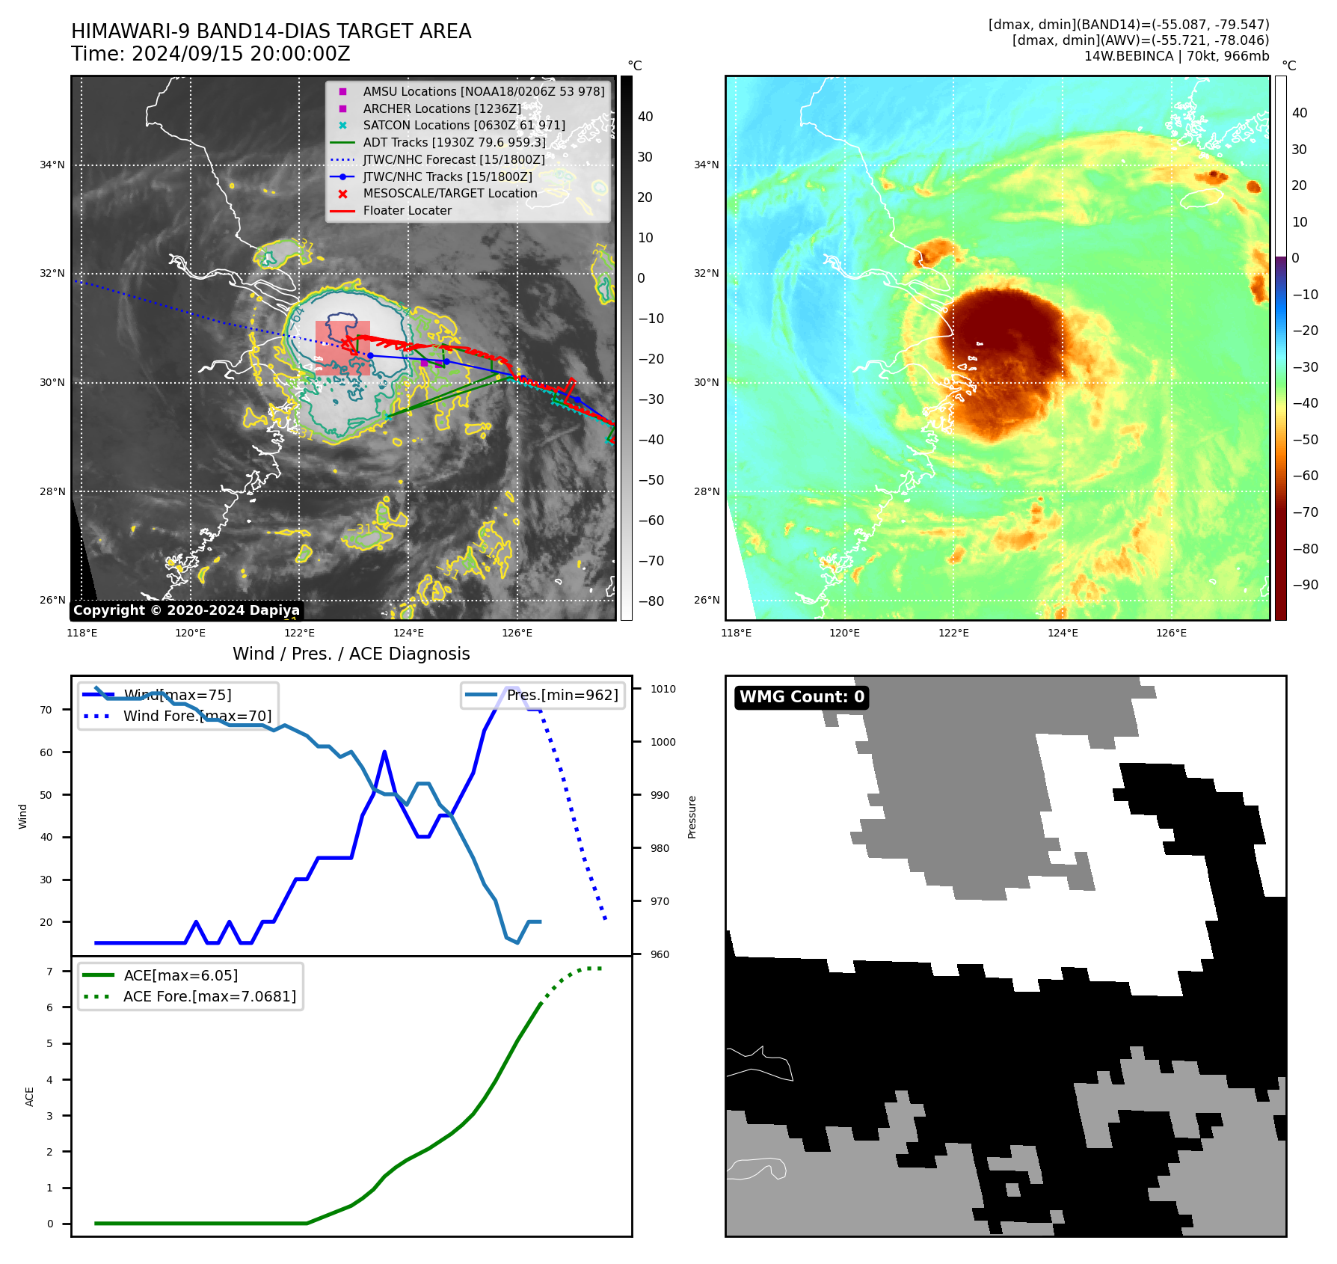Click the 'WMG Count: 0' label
(x=802, y=697)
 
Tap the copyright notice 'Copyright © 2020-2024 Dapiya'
(x=186, y=610)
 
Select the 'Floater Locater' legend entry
(x=407, y=211)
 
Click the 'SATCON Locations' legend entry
(x=464, y=126)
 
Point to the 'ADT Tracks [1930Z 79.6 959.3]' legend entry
(x=454, y=143)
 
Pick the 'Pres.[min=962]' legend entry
(x=562, y=696)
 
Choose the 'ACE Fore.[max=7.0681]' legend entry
(x=209, y=996)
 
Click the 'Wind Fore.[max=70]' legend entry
(x=197, y=717)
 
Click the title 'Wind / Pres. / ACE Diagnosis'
(x=351, y=654)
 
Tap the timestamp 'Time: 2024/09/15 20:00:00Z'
(x=211, y=55)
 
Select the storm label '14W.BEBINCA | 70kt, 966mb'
(x=1176, y=56)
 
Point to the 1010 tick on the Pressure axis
(x=663, y=690)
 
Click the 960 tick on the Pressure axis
(x=660, y=954)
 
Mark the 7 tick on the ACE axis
(x=50, y=972)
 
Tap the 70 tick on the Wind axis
(x=46, y=710)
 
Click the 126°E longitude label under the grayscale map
(x=517, y=633)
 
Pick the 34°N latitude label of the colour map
(x=706, y=165)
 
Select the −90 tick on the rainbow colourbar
(x=1305, y=585)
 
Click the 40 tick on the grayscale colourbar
(x=645, y=117)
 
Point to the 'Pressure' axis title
(x=692, y=817)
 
